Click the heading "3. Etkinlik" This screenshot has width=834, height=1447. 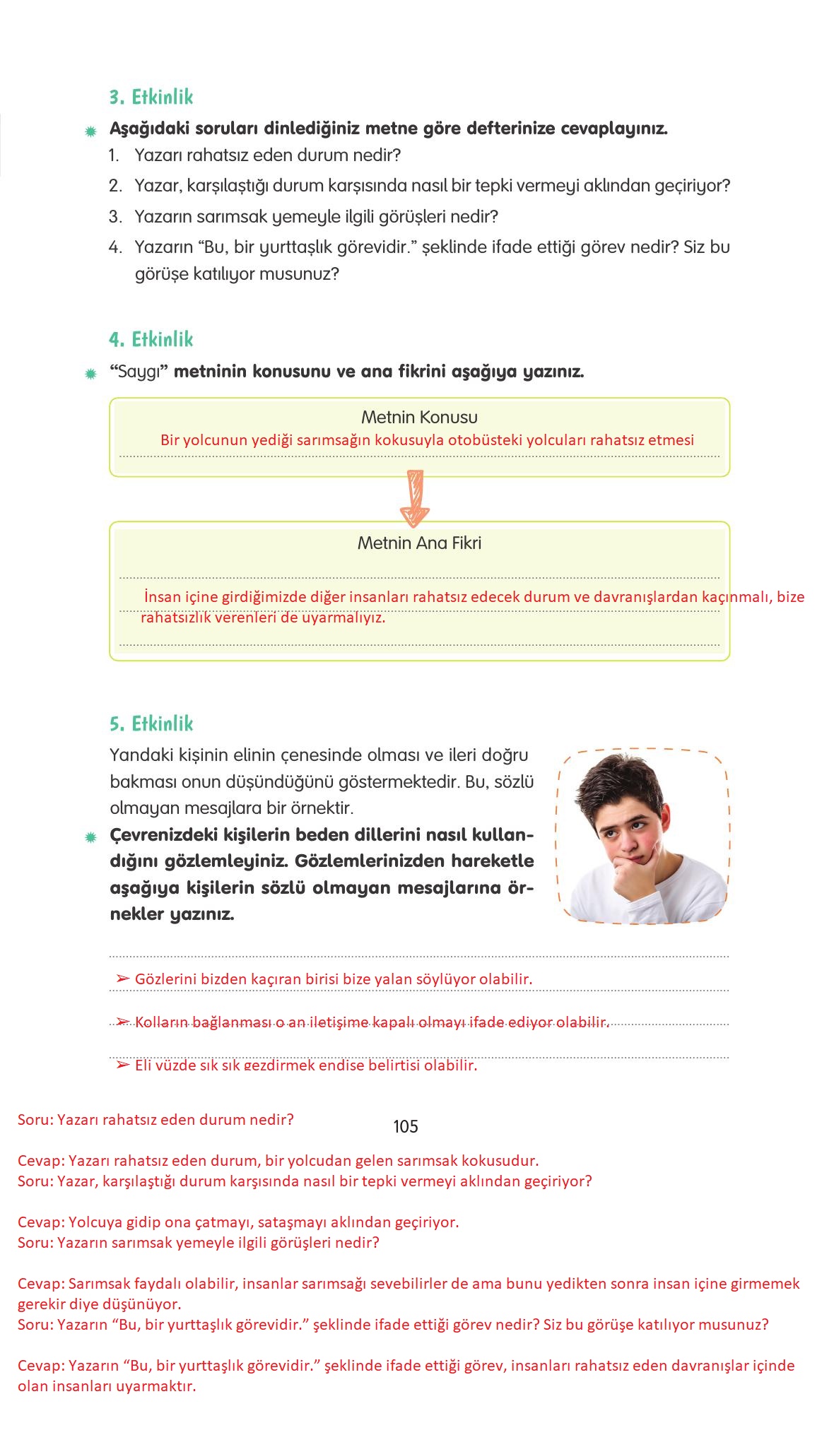151,98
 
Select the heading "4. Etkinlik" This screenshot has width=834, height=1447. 151,340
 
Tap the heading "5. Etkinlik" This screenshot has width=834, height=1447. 151,724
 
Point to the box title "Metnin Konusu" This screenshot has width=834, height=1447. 419,418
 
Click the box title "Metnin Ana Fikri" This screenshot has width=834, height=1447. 419,543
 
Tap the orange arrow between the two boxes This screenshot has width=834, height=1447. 415,499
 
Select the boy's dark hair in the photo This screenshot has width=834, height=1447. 622,784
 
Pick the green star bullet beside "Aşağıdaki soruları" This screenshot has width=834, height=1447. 90,131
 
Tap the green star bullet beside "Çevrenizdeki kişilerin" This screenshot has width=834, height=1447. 90,838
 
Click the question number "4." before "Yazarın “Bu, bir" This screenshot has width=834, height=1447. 116,247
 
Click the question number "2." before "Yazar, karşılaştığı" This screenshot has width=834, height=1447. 116,186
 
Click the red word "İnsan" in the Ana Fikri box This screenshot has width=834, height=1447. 163,598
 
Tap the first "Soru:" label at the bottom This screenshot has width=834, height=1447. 35,1120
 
